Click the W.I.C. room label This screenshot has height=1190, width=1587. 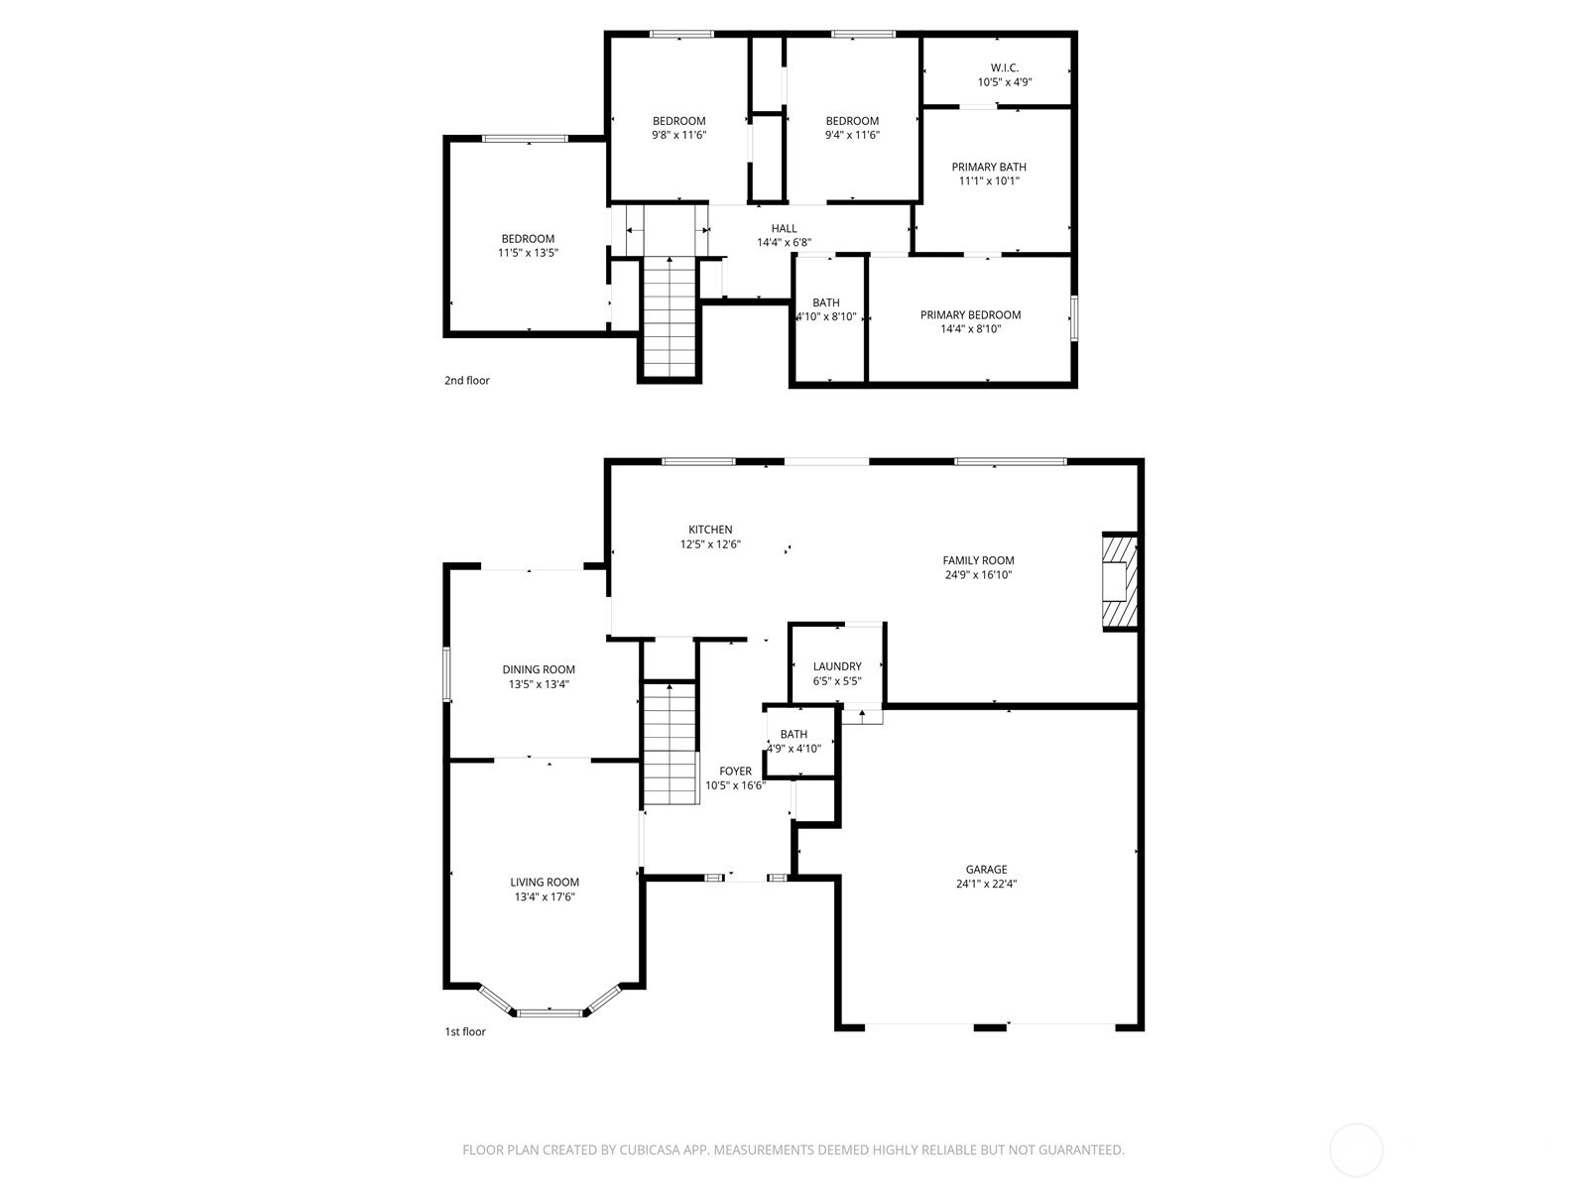(1004, 67)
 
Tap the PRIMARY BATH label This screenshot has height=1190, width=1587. (988, 167)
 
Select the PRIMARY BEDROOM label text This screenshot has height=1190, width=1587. (970, 315)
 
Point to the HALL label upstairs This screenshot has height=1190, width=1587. (784, 228)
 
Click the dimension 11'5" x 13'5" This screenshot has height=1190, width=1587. (528, 253)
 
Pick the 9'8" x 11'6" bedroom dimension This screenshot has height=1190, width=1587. (678, 135)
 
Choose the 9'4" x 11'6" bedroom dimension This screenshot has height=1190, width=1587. (852, 135)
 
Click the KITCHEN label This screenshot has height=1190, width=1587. (710, 530)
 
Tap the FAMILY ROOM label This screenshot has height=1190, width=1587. (978, 560)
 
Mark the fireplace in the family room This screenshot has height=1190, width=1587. (1119, 582)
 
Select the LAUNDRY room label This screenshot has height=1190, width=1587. (837, 666)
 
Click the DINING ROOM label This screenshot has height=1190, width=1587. (539, 669)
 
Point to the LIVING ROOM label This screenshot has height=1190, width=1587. (545, 883)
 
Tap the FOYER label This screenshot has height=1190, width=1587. (735, 771)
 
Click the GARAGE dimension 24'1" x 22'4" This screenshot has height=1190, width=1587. (986, 883)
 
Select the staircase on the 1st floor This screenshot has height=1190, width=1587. (671, 744)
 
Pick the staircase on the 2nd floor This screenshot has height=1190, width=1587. (670, 316)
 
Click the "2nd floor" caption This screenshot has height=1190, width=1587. (466, 380)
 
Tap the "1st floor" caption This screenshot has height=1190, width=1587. (465, 1031)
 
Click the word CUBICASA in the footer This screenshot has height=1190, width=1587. (650, 1149)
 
